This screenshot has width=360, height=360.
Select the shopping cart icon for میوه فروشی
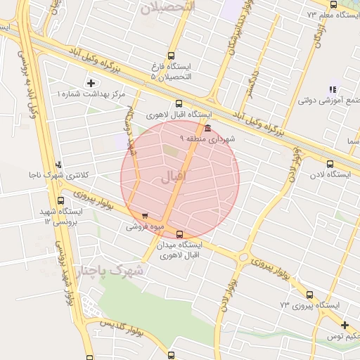(145, 217)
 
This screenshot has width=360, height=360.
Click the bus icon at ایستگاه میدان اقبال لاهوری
(180, 234)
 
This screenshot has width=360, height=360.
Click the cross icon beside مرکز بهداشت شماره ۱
(90, 83)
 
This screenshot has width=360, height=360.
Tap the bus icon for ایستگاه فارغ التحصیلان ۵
(172, 56)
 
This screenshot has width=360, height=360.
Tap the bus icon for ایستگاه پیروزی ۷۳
(310, 295)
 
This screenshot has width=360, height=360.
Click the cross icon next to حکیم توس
(345, 325)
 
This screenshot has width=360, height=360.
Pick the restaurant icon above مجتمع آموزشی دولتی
(333, 89)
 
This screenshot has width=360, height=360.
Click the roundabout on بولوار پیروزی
(243, 257)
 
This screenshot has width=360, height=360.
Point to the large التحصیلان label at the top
(169, 8)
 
